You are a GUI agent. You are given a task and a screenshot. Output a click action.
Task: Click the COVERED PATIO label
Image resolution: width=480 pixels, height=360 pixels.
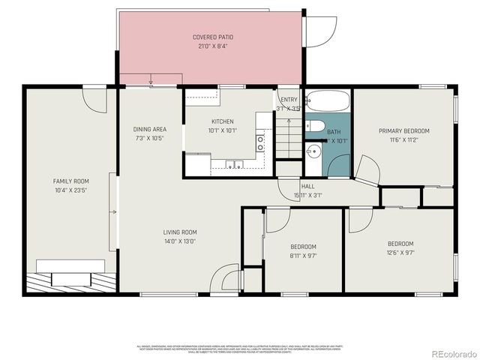tap(211, 37)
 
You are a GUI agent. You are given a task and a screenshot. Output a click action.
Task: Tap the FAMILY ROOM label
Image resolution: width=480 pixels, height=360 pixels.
tap(70, 181)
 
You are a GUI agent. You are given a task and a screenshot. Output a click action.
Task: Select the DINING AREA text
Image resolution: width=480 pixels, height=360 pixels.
tap(149, 129)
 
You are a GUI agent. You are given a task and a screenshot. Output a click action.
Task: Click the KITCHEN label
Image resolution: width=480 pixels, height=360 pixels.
tap(222, 121)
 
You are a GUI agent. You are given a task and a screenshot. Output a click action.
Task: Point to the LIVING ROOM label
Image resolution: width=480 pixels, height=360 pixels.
tap(180, 232)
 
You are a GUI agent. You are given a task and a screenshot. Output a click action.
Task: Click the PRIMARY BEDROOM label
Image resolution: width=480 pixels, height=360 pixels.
tap(403, 130)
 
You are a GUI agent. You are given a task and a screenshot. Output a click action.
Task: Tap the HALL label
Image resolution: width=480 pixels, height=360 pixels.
tap(307, 186)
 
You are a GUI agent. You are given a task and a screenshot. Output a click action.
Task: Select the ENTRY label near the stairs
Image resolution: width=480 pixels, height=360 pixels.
tap(289, 100)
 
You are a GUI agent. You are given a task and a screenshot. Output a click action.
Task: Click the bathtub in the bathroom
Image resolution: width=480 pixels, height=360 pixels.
tap(327, 101)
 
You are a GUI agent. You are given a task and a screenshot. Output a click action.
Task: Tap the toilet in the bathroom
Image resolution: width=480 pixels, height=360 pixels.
tap(313, 126)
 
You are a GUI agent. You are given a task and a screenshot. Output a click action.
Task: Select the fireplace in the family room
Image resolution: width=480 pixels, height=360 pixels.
tap(71, 274)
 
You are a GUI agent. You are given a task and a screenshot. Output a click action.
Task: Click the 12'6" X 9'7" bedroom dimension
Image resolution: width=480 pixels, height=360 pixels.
tap(400, 253)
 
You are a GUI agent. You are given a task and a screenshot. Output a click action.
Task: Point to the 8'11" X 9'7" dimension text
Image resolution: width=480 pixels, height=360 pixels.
tap(304, 256)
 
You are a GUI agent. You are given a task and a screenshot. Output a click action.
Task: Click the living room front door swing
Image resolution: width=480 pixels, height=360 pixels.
tap(223, 278)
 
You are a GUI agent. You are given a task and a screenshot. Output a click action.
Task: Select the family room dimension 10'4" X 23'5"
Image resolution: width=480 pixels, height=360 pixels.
tap(70, 190)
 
